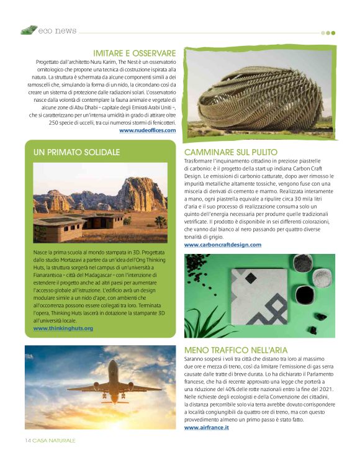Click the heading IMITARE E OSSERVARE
[x=134, y=53]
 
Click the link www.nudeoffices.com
[x=147, y=130]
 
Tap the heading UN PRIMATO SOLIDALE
[x=77, y=151]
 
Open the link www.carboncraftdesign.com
[x=223, y=245]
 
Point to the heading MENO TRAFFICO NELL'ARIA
[x=236, y=350]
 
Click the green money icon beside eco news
[x=27, y=30]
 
